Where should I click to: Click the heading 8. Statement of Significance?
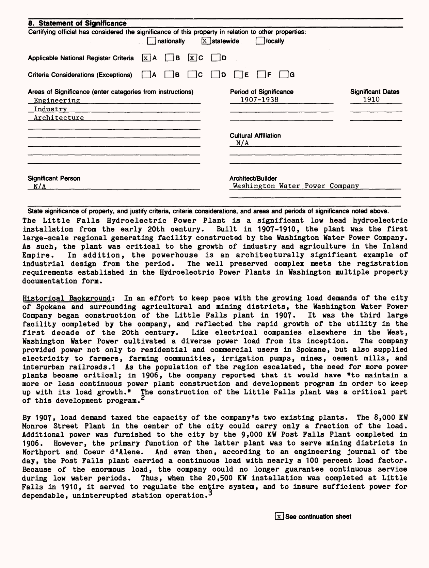[x=77, y=23]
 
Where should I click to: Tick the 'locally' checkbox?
[x=260, y=41]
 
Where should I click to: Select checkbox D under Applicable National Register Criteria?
[x=216, y=58]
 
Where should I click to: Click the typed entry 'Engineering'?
[x=57, y=100]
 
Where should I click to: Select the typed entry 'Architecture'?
[x=59, y=118]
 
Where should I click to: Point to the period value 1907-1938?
[x=259, y=100]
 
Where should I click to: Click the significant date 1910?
[x=371, y=100]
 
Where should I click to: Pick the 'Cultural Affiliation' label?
[x=255, y=135]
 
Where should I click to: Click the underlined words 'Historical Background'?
[x=67, y=298]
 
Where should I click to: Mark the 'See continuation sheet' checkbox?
[x=279, y=517]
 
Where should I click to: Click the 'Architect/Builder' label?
[x=253, y=178]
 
